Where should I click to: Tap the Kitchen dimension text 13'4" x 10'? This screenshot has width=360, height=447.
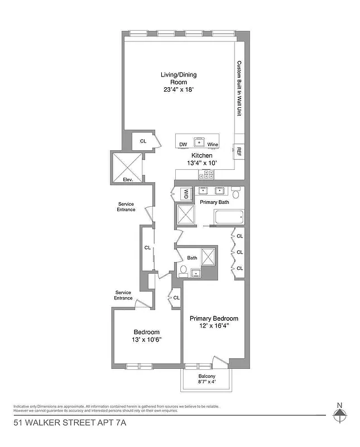(201, 163)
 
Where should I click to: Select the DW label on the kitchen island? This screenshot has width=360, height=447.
(183, 145)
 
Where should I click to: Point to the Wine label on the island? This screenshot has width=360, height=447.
(212, 145)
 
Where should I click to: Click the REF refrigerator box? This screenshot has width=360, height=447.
(239, 151)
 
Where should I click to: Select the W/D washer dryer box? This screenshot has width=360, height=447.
(186, 194)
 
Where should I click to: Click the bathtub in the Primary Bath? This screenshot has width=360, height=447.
(229, 217)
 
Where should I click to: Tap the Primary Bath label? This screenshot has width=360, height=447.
(214, 202)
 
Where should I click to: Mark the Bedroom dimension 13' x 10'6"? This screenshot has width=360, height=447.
(147, 339)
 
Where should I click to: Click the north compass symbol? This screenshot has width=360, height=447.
(340, 415)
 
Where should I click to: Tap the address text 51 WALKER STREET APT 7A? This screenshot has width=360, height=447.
(70, 423)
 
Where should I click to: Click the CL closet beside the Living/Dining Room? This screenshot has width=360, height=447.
(143, 141)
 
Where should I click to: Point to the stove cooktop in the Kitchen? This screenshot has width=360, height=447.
(204, 175)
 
